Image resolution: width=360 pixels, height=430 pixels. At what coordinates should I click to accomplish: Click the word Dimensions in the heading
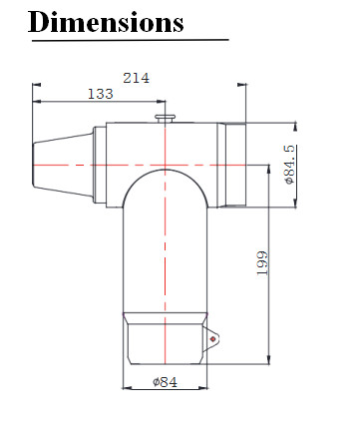click(106, 22)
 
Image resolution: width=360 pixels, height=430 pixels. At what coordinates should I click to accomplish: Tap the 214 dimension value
click(137, 78)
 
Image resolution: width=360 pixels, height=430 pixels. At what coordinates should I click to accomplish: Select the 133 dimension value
click(101, 94)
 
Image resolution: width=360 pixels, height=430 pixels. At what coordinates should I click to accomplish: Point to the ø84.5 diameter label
click(290, 165)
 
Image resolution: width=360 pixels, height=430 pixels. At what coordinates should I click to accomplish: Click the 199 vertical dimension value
click(262, 263)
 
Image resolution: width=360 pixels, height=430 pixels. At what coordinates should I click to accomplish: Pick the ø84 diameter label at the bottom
click(166, 382)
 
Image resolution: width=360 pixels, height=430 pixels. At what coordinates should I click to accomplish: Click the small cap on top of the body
click(166, 119)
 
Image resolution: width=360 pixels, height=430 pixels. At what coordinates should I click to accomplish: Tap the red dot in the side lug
click(212, 339)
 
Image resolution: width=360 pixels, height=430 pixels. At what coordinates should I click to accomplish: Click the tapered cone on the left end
click(63, 165)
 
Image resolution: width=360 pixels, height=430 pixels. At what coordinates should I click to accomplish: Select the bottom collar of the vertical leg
click(166, 338)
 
